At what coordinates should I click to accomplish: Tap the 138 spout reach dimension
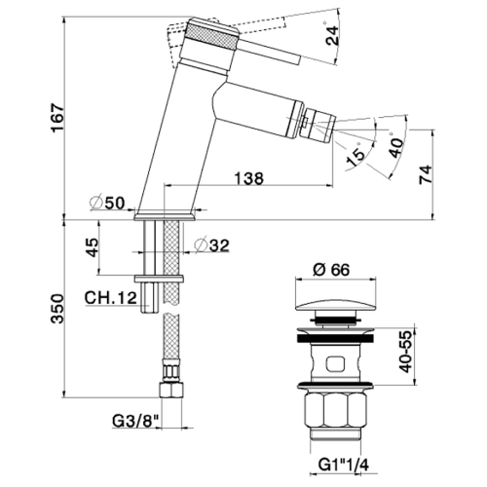click(x=246, y=176)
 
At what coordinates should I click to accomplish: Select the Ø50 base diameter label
click(x=104, y=203)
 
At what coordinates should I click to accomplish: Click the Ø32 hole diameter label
click(x=210, y=245)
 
